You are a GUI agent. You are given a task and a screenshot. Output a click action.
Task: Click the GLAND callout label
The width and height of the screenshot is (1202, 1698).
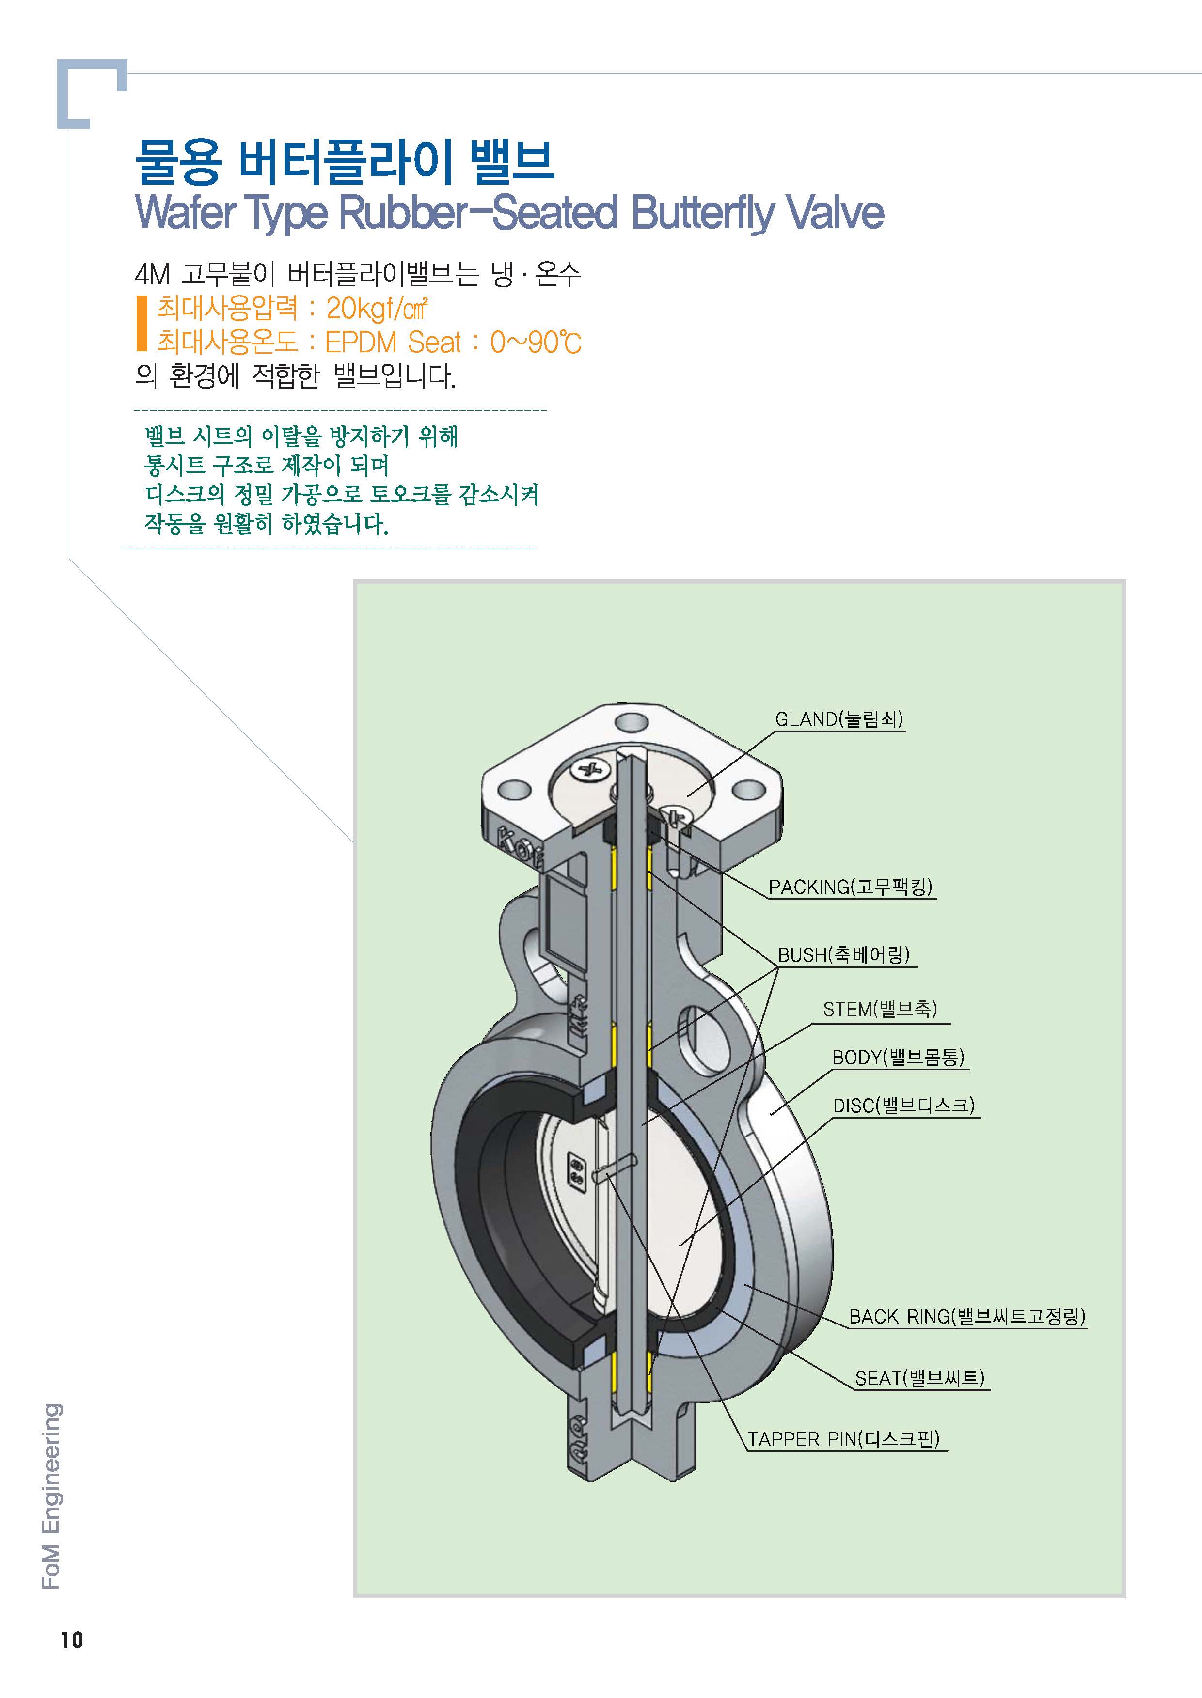838,719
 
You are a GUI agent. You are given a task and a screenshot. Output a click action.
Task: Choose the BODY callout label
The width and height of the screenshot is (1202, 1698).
898,1057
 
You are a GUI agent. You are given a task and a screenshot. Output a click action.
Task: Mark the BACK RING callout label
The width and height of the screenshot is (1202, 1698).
966,1316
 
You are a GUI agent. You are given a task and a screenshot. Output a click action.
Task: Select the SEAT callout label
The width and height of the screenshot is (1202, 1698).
920,1378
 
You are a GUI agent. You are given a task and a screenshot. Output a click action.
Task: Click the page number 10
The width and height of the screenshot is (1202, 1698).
72,1661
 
